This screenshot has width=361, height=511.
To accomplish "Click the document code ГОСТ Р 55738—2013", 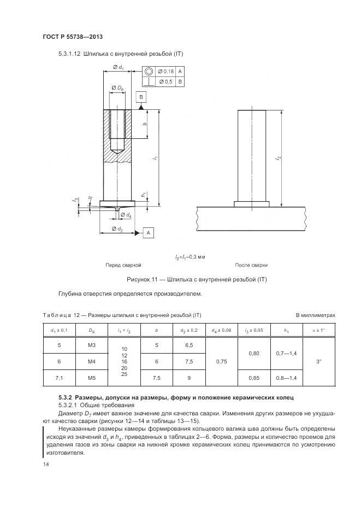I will point(72,37).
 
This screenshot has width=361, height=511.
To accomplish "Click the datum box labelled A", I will point(148,233).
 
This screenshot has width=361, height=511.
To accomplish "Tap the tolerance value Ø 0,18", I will point(165,71).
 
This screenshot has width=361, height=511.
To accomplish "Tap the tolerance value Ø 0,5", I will point(165,82).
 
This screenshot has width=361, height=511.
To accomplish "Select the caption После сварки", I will point(251,265).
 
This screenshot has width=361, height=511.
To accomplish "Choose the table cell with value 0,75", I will point(222,361).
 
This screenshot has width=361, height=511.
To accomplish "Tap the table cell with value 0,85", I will point(254,377).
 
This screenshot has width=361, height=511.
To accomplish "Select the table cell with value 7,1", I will point(59,377).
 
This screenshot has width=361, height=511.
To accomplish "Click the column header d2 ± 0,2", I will point(188,330).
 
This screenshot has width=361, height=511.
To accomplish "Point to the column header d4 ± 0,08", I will point(222,330).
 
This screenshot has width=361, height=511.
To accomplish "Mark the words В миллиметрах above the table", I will point(315,315).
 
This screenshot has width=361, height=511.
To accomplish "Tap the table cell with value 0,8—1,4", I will point(286,377).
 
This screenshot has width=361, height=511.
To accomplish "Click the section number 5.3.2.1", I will point(69,406).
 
